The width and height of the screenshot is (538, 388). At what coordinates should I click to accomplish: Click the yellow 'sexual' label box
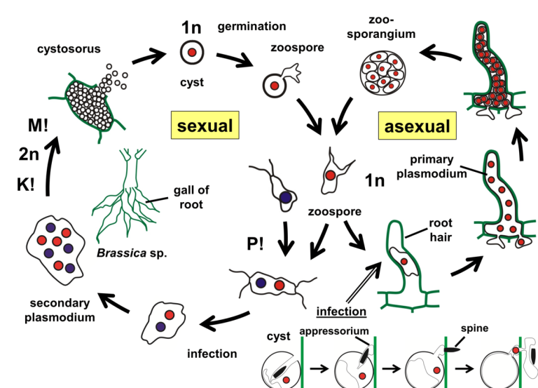tap(203, 126)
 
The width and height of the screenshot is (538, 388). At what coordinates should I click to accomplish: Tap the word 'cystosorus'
tap(69, 48)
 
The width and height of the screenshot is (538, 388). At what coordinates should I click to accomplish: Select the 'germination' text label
tap(251, 27)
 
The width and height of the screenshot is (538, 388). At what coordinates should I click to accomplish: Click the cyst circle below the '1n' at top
tap(191, 53)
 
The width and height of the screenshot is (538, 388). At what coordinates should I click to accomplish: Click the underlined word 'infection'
tap(341, 310)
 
